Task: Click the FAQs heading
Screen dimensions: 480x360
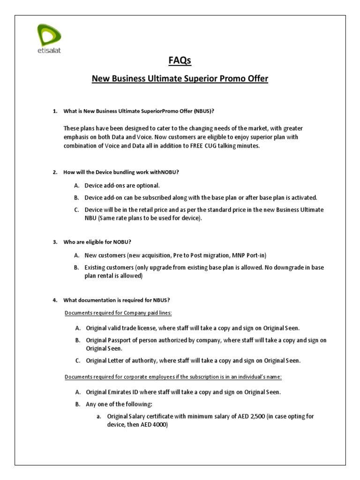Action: click(180, 61)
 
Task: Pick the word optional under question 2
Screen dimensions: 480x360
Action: click(148, 185)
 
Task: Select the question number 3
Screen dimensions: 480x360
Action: click(54, 242)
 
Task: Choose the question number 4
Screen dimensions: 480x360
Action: click(54, 300)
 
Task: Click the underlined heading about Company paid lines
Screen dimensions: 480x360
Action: click(121, 313)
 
